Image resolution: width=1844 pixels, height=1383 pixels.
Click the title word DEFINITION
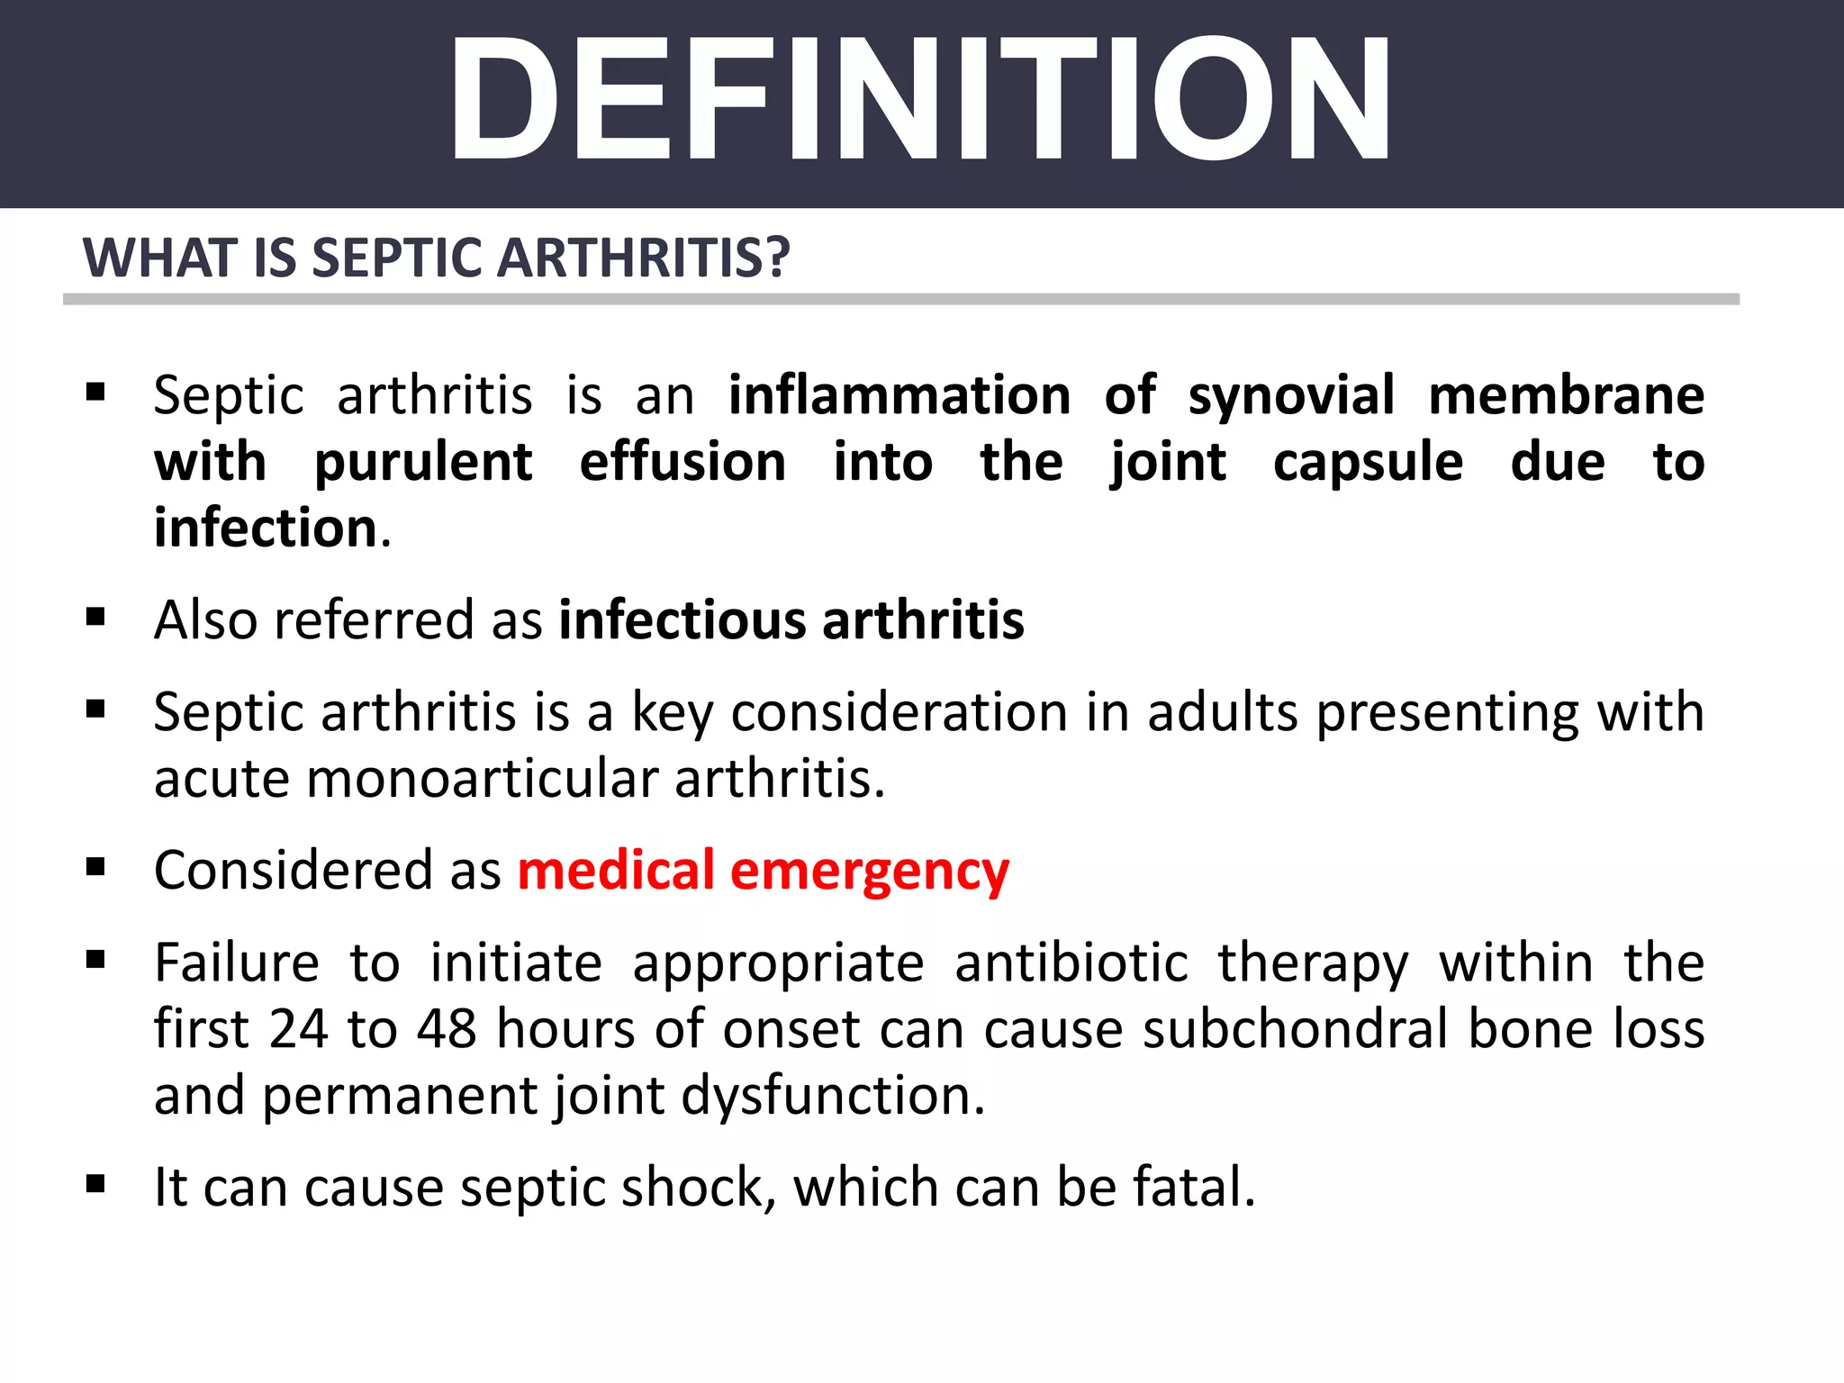click(x=920, y=99)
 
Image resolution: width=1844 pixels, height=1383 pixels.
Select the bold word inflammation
click(x=899, y=396)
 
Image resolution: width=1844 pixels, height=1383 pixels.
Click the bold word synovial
click(x=1291, y=396)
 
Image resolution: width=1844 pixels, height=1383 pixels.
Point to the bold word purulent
click(x=423, y=463)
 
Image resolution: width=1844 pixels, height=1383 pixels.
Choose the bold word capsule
click(x=1368, y=463)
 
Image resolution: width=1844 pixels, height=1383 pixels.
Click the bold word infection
click(x=266, y=529)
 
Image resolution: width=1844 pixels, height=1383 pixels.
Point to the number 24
click(x=299, y=1029)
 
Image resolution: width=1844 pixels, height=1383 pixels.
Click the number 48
click(x=447, y=1029)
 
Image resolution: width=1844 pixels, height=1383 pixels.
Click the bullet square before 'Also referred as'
click(x=95, y=618)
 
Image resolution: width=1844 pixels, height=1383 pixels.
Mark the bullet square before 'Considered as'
click(x=95, y=867)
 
